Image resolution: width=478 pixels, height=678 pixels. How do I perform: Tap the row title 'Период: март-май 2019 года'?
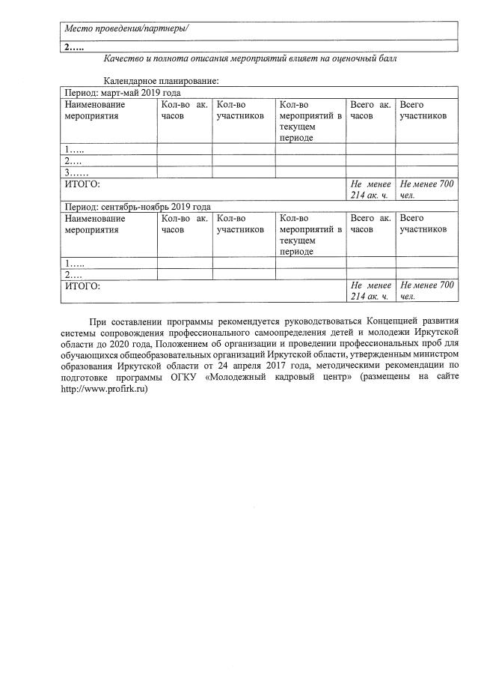point(123,93)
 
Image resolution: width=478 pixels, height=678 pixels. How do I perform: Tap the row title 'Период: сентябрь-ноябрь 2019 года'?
point(138,207)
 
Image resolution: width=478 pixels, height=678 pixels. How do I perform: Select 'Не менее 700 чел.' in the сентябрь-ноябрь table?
point(426,291)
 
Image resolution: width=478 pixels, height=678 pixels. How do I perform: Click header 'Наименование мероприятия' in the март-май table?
point(95,111)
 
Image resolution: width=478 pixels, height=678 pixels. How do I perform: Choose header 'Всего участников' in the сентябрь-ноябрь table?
point(423,224)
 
